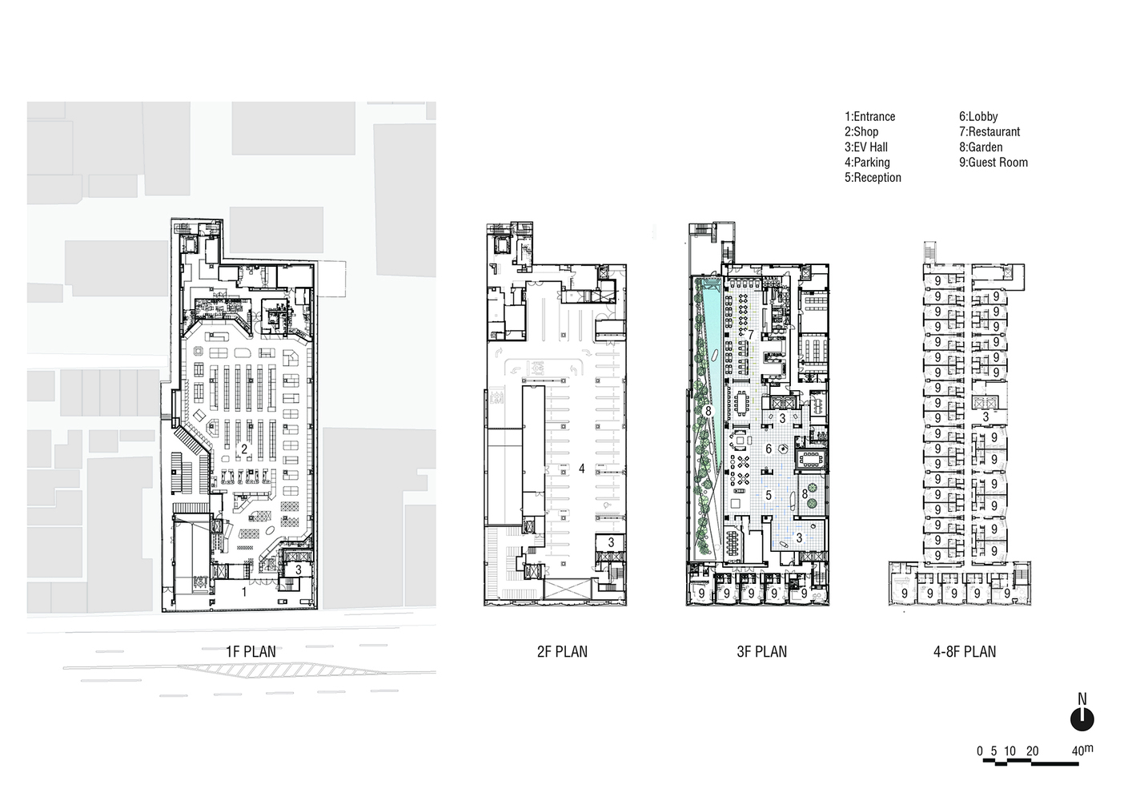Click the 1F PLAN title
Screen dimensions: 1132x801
251,652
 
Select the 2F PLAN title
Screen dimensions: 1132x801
562,652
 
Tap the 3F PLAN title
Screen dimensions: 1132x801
761,652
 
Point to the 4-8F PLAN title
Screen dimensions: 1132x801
965,652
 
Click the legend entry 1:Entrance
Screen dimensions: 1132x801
869,117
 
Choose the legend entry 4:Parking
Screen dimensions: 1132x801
867,163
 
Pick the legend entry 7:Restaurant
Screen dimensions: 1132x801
989,132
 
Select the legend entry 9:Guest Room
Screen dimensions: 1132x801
994,163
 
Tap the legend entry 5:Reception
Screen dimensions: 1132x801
873,178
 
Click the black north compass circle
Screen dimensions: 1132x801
1082,719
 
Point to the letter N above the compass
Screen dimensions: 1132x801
1082,698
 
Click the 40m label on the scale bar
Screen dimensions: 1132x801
1082,751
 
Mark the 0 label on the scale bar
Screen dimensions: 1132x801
980,751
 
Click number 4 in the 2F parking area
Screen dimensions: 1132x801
582,469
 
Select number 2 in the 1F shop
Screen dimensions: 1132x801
244,449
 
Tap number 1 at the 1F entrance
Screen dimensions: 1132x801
244,592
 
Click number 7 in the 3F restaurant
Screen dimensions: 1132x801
751,335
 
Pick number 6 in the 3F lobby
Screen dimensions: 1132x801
769,449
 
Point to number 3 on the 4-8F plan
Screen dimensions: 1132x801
985,417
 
